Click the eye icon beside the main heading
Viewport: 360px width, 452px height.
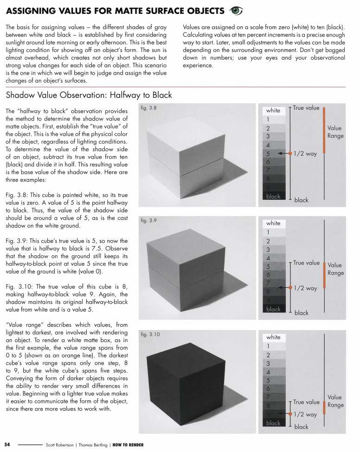pos(237,10)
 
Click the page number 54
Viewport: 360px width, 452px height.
pos(8,445)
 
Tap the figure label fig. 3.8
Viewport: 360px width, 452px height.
pos(148,108)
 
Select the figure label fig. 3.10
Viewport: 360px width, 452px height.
pos(149,334)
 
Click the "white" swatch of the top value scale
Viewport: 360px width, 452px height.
pos(273,110)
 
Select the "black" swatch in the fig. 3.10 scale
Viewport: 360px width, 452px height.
pos(273,423)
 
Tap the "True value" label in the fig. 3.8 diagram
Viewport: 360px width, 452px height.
pos(306,108)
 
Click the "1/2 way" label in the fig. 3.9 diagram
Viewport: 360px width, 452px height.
pos(305,288)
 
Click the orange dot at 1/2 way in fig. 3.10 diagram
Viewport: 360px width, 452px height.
pos(289,414)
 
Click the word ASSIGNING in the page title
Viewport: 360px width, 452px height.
pos(32,10)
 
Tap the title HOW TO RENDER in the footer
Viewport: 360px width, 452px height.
pos(129,445)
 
